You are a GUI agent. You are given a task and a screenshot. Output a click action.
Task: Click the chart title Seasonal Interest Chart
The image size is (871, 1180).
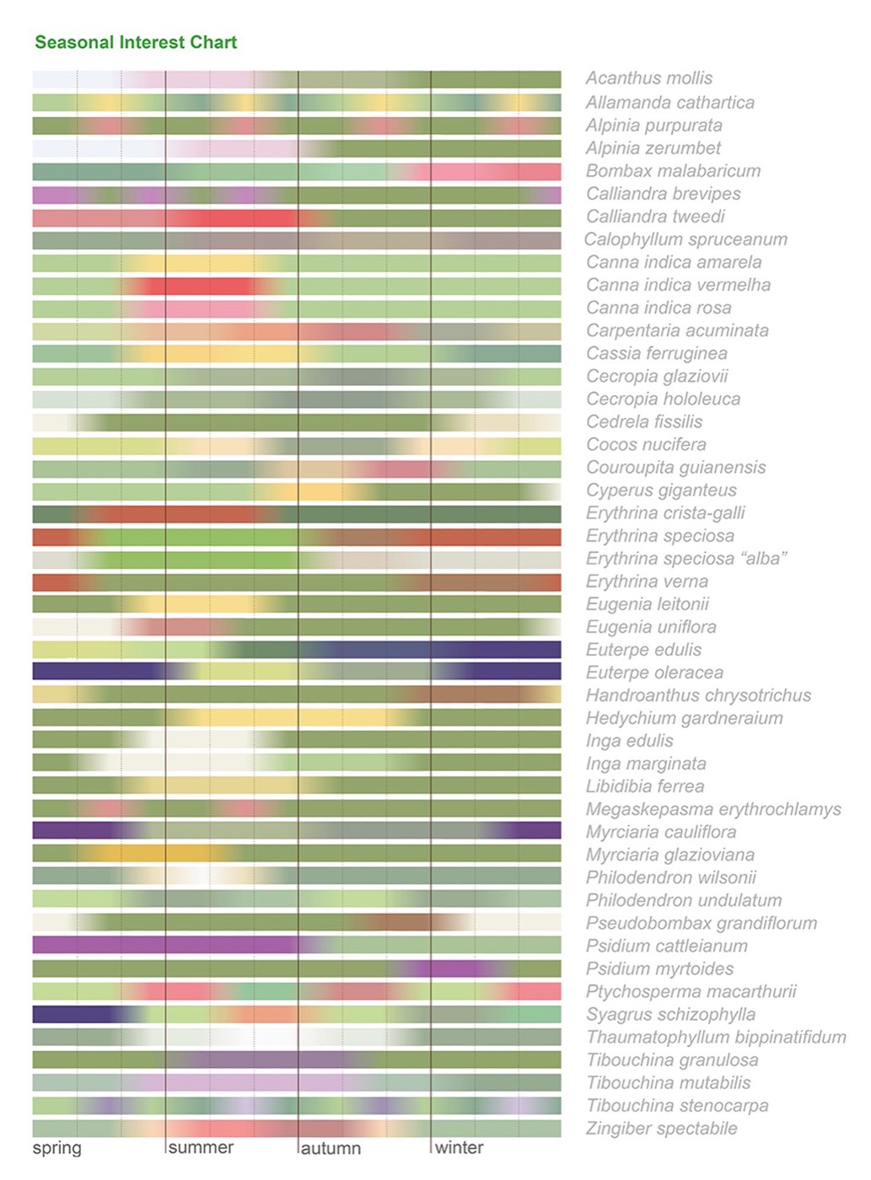pos(136,42)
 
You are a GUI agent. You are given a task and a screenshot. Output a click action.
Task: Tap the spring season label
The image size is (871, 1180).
pos(57,1147)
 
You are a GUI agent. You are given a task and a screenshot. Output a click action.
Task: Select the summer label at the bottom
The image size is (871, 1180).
pos(201,1147)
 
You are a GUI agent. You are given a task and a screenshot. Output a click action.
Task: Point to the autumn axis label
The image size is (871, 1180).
pos(331,1148)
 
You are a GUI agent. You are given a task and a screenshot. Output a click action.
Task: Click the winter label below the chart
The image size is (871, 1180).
pos(459,1147)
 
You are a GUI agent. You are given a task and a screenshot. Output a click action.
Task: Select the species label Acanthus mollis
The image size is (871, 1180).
pos(649,78)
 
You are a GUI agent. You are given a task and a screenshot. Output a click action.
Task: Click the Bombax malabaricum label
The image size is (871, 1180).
pos(674,171)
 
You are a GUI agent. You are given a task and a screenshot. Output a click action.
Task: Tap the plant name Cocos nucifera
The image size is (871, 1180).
pos(647,444)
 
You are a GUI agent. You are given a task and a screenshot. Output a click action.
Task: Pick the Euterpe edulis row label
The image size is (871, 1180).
pos(643,650)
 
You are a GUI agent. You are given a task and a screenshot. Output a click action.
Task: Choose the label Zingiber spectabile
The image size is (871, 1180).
pos(662,1128)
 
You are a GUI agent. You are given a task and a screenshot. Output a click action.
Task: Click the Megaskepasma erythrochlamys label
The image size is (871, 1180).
pos(714,809)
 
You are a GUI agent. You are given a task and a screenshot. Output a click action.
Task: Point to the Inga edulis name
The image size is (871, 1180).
pos(630,741)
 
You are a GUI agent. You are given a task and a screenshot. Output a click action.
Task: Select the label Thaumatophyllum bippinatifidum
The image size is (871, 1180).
pos(717,1037)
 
